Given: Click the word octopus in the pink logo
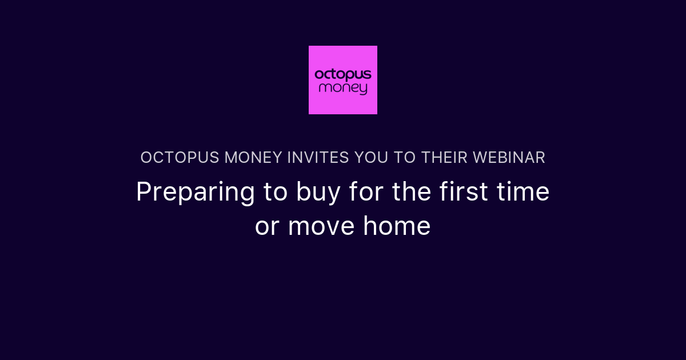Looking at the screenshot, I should coord(343,75).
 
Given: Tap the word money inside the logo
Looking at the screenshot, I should coord(343,89).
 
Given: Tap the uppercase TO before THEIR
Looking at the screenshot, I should coord(404,158).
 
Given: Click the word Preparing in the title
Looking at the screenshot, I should coord(196,193).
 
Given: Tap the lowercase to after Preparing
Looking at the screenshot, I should coord(276,192).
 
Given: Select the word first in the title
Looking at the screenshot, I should coord(465,192).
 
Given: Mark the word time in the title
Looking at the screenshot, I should coord(524,192).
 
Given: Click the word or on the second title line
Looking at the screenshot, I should coord(266,227).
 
